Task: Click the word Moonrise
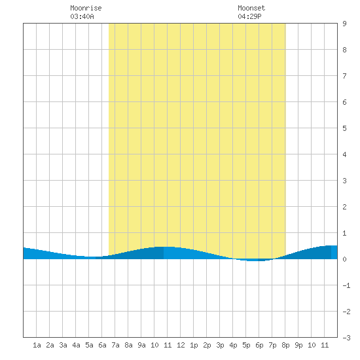click(86, 8)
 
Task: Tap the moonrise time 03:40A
click(82, 16)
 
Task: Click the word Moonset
click(251, 8)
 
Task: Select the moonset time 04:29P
click(249, 16)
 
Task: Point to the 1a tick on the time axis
click(37, 345)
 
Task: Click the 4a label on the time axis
click(76, 345)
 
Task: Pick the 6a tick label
click(102, 345)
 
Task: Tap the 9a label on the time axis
click(141, 345)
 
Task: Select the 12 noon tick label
click(181, 345)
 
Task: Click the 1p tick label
click(194, 345)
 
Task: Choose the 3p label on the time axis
click(220, 345)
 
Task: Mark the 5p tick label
click(246, 345)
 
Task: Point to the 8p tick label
click(285, 345)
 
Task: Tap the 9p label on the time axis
click(298, 345)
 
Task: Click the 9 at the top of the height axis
click(344, 24)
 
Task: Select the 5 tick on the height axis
click(344, 128)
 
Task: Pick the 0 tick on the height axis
click(344, 259)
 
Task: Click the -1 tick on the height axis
click(346, 285)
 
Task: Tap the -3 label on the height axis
click(346, 338)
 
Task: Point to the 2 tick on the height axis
click(344, 207)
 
